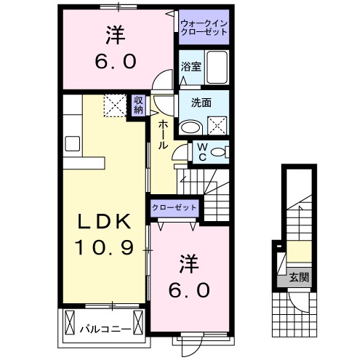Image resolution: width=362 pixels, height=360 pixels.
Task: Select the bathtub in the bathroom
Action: coord(217,67)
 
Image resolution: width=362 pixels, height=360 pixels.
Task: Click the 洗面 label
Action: coord(202,103)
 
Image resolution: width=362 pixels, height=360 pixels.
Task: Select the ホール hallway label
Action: coord(162,134)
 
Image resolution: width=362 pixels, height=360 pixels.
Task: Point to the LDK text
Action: coord(105,221)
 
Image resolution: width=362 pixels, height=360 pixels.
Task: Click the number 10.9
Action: coord(105,249)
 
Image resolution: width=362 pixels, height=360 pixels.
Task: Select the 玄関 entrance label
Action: coord(299,276)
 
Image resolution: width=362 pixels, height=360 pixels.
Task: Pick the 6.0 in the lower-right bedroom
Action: coord(191,290)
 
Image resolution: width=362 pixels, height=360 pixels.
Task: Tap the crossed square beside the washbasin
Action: coord(217,126)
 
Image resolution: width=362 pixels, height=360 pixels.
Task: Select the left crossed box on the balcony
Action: coord(71,320)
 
